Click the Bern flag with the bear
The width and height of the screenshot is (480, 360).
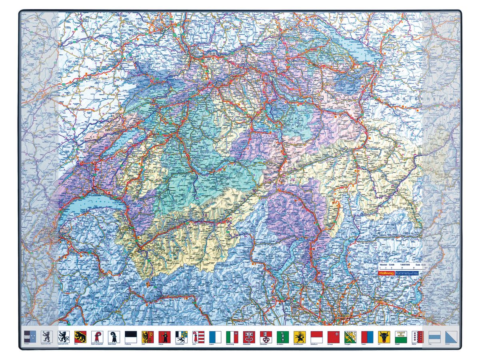(80, 336)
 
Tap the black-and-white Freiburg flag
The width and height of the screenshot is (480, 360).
(131, 336)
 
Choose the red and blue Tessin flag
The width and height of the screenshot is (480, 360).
(367, 336)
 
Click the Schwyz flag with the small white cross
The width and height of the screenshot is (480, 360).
(333, 336)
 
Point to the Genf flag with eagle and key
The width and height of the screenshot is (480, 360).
(148, 336)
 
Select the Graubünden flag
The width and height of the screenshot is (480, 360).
(182, 336)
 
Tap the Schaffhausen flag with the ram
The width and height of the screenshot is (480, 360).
(300, 336)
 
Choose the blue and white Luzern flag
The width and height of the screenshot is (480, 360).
(215, 336)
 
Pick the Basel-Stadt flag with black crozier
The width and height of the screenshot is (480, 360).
(114, 336)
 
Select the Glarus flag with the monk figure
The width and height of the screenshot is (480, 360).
(165, 336)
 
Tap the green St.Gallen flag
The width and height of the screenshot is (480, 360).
(283, 336)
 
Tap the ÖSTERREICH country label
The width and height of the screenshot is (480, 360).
(425, 98)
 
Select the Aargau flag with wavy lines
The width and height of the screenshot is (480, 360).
(30, 336)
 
